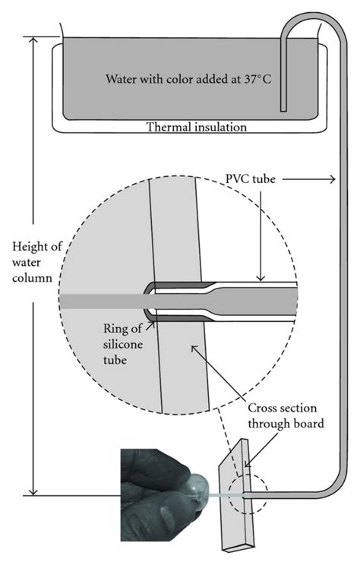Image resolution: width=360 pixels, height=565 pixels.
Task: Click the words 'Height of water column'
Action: click(27, 263)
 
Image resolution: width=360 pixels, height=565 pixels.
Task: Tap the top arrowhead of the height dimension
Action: click(35, 39)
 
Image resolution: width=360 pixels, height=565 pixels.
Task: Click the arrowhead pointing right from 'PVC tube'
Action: click(331, 178)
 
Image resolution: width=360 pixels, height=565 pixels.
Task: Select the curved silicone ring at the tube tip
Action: click(147, 302)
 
